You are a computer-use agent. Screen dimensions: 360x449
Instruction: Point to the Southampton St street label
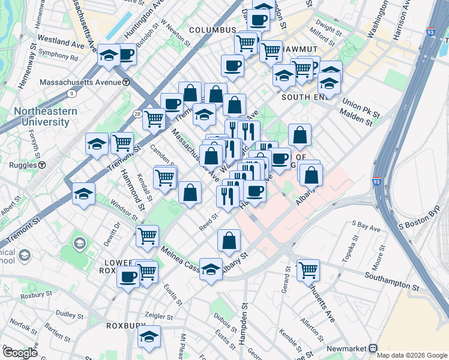coord(391,280)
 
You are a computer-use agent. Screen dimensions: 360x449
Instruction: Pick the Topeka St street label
coord(348,253)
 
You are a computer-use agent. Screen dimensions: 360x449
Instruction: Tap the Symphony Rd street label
coord(58,59)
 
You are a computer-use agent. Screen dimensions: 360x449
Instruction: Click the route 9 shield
coord(71,94)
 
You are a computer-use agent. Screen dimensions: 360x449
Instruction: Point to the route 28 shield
coord(137,114)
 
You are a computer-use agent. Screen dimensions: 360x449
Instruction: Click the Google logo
coord(19,352)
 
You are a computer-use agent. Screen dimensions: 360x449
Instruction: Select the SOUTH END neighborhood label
coord(304,97)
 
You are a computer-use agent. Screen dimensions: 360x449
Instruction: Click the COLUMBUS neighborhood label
coord(212,30)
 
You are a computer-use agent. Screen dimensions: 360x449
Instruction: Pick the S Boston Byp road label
coord(423,226)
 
